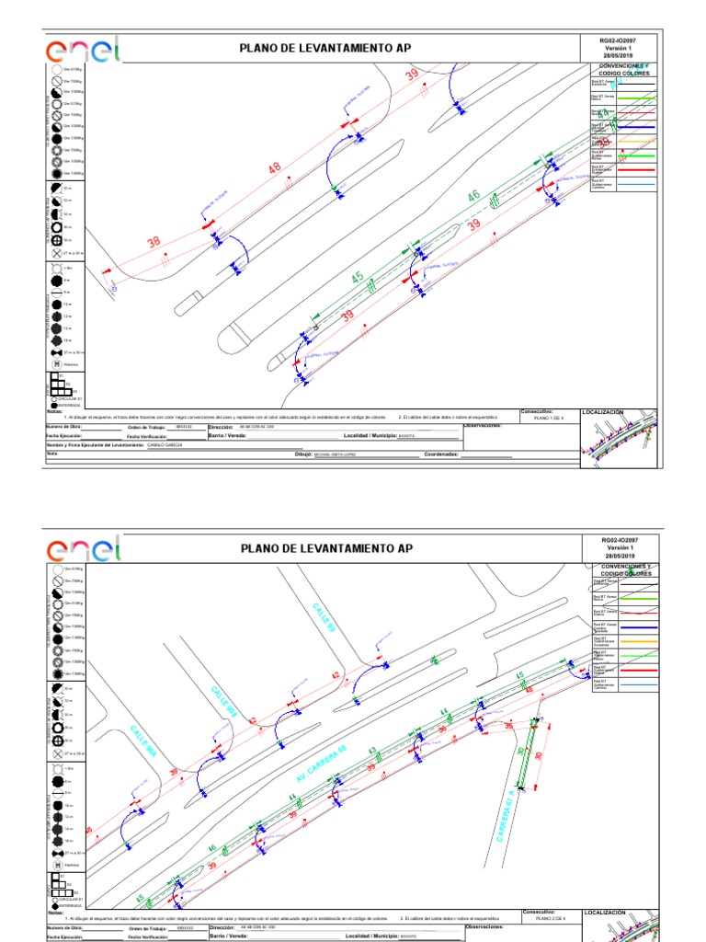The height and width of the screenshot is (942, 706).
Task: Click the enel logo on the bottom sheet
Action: (83, 551)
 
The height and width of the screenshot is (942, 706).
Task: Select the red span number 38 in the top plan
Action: (154, 242)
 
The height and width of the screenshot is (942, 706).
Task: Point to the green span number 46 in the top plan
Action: (473, 196)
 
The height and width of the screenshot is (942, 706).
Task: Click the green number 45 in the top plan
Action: (357, 276)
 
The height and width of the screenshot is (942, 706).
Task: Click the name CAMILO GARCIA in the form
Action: (165, 444)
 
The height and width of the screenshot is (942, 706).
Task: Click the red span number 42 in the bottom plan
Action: (335, 676)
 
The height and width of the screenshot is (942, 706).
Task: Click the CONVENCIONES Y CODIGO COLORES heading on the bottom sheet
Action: (623, 569)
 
